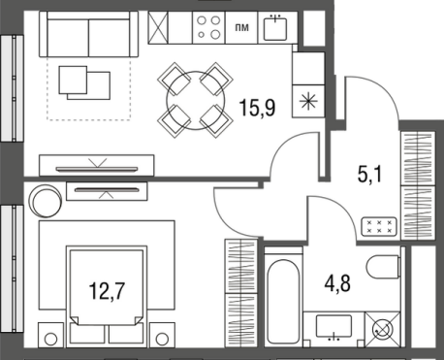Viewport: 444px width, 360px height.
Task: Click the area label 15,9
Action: click(257, 108)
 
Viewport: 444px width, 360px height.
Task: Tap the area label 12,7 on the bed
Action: click(107, 290)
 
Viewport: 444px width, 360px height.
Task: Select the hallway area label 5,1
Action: click(369, 174)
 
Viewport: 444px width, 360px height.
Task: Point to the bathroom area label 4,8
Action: click(337, 283)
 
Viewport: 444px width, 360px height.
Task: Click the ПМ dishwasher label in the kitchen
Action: click(242, 28)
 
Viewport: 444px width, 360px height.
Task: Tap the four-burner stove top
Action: click(208, 27)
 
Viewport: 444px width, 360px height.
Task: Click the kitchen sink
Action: click(275, 28)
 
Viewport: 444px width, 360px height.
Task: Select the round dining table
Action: click(196, 101)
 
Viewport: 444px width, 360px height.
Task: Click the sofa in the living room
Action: click(88, 34)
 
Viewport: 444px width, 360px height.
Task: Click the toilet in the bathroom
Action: click(384, 267)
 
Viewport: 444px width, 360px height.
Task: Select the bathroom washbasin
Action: click(333, 327)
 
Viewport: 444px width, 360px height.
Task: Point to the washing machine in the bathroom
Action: click(383, 330)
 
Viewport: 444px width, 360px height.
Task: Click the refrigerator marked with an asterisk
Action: click(308, 101)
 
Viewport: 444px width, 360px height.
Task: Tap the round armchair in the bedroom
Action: click(46, 201)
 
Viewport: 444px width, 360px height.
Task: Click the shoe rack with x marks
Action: click(379, 226)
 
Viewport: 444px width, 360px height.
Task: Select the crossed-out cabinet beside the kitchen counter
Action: click(158, 27)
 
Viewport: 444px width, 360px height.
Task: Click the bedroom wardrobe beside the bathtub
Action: click(241, 293)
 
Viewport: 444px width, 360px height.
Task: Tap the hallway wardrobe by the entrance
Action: click(418, 185)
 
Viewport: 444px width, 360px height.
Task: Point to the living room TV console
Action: click(97, 166)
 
